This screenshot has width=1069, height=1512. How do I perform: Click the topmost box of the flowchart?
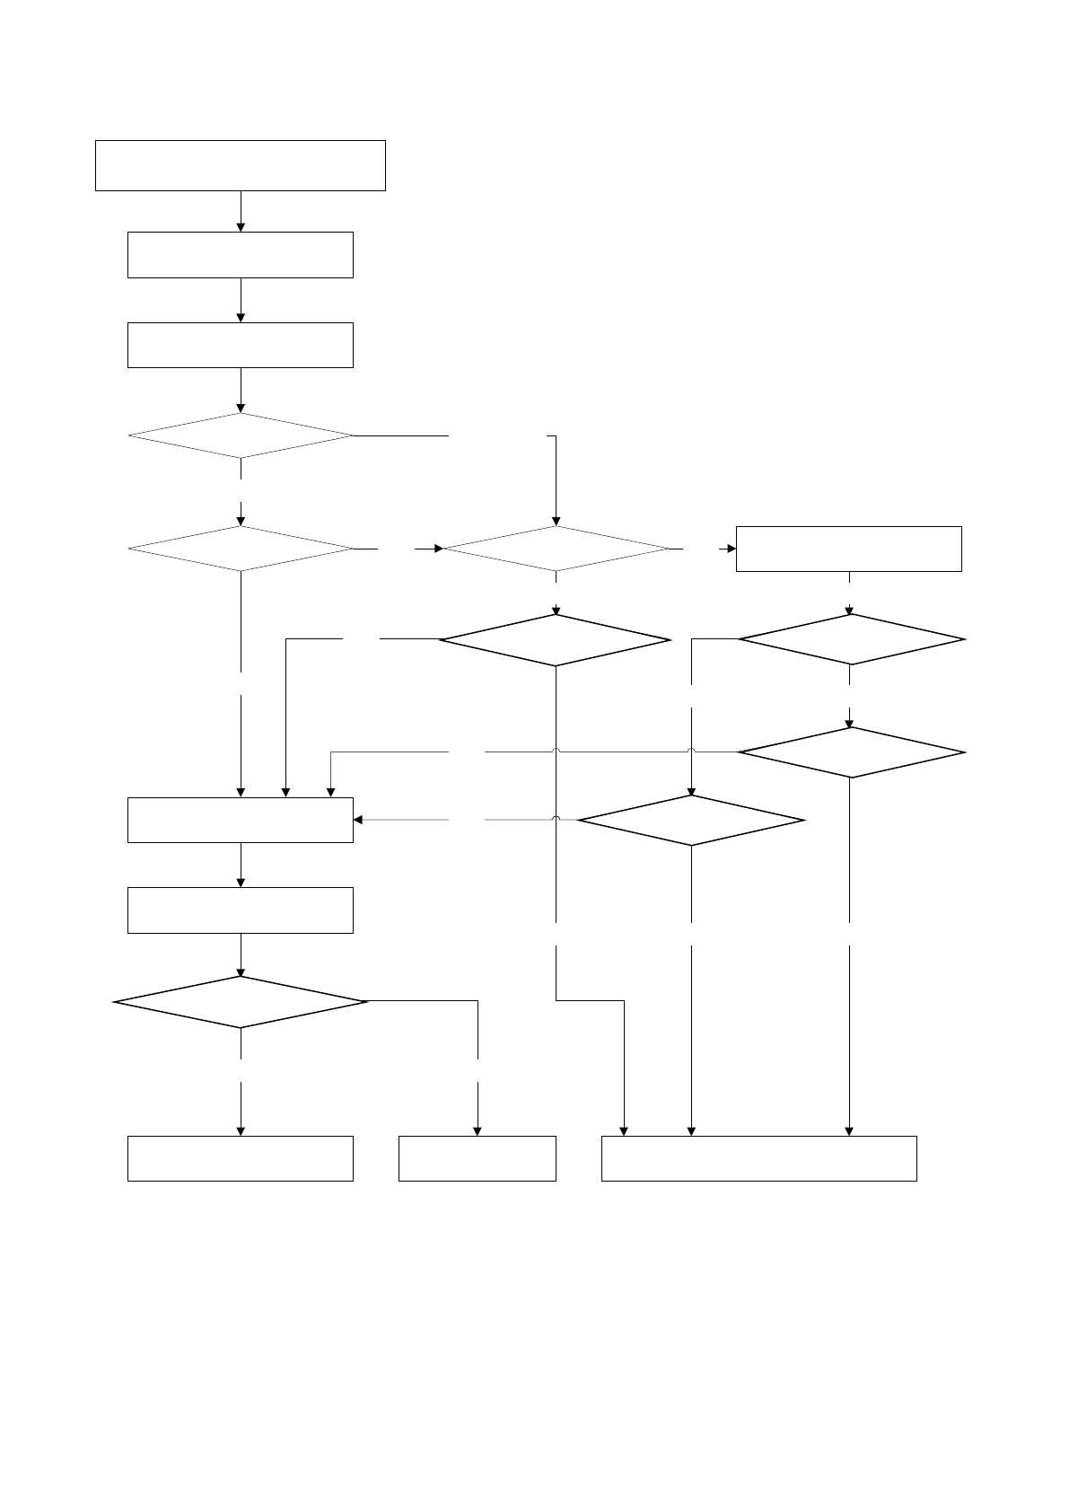(240, 165)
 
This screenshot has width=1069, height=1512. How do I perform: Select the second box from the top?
(240, 255)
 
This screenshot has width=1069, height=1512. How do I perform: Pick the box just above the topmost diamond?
(240, 345)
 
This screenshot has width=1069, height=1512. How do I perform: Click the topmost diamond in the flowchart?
(241, 435)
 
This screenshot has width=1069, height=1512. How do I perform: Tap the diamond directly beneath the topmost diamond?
(241, 548)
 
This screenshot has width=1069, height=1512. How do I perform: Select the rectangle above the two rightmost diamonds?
(848, 549)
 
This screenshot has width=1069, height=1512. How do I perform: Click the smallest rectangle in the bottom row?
(477, 1158)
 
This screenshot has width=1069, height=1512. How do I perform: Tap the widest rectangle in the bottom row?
(758, 1158)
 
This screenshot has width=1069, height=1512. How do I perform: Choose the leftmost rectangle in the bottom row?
(240, 1158)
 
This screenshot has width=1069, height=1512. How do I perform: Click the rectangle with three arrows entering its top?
(240, 820)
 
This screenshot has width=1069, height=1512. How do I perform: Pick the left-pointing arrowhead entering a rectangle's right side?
(358, 820)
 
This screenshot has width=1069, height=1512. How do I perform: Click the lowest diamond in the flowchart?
(241, 1001)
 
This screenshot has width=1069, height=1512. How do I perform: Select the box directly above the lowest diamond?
(240, 910)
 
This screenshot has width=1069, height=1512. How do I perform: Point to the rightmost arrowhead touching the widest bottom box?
(848, 1131)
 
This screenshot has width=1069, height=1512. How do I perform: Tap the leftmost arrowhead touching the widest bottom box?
(624, 1131)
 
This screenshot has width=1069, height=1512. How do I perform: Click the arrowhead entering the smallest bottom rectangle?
(477, 1131)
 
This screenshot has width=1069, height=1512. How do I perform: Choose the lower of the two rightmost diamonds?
(851, 752)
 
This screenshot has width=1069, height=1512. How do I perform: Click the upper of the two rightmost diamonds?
(851, 639)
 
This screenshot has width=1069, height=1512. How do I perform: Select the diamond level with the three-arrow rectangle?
(691, 820)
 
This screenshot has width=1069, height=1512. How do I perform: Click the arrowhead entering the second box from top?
(241, 227)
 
